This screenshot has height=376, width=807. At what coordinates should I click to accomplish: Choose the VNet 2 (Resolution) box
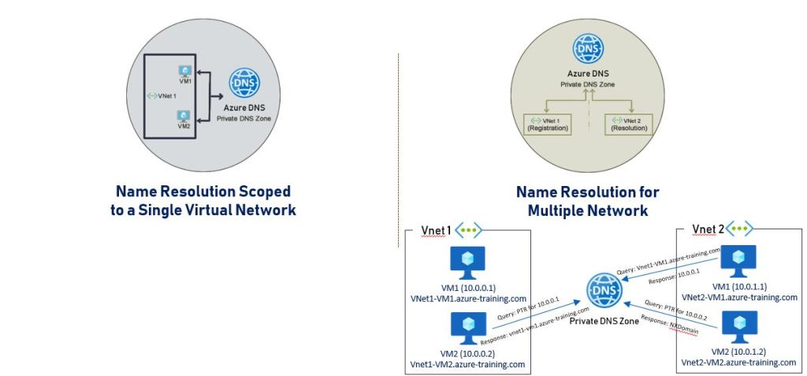[628, 122]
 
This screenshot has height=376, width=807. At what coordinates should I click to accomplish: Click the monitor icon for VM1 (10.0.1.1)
[739, 260]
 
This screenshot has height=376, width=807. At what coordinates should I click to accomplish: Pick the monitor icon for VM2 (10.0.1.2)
[739, 324]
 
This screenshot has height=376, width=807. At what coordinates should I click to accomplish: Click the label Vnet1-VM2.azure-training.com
[468, 364]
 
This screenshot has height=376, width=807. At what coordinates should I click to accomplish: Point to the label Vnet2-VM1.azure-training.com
[739, 297]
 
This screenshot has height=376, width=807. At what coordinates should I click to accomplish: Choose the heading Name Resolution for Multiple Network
[587, 201]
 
